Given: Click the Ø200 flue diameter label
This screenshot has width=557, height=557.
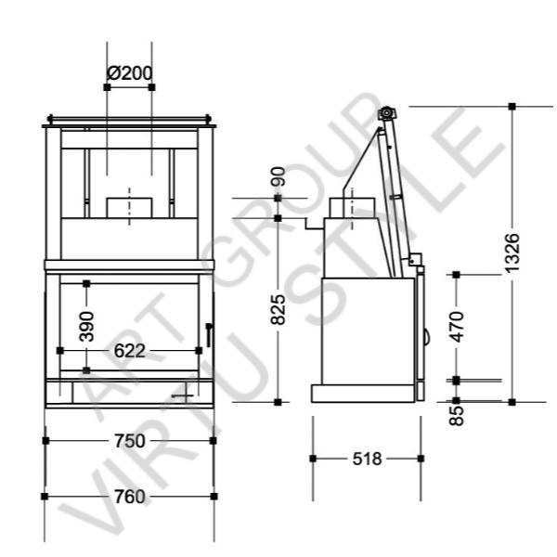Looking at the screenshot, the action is click(129, 73).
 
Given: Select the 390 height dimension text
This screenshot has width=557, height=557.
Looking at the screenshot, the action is click(86, 327).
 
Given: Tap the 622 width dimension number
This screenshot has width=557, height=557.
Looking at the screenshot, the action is click(129, 351).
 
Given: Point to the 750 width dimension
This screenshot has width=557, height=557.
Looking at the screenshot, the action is click(129, 441).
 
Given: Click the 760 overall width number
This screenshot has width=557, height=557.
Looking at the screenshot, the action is click(129, 497).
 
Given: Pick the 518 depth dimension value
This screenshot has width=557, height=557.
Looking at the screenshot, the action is click(367, 459).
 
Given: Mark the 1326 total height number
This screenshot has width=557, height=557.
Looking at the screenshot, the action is click(512, 253).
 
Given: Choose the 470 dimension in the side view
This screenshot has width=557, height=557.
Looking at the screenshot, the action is click(457, 327).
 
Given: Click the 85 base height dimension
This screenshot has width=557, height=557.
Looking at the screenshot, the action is click(457, 415).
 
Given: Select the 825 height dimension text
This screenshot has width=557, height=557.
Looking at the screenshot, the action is click(278, 309).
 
